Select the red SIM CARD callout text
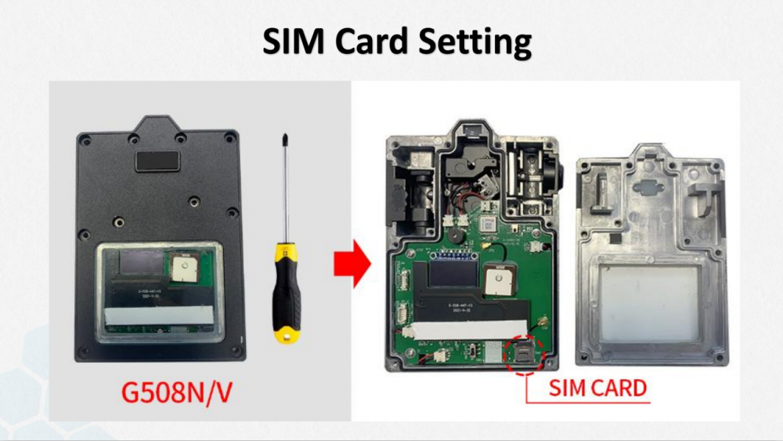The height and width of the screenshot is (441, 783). point(597,388)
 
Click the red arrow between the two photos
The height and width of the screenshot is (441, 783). point(351,265)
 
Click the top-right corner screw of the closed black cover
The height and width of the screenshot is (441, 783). point(230,139)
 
